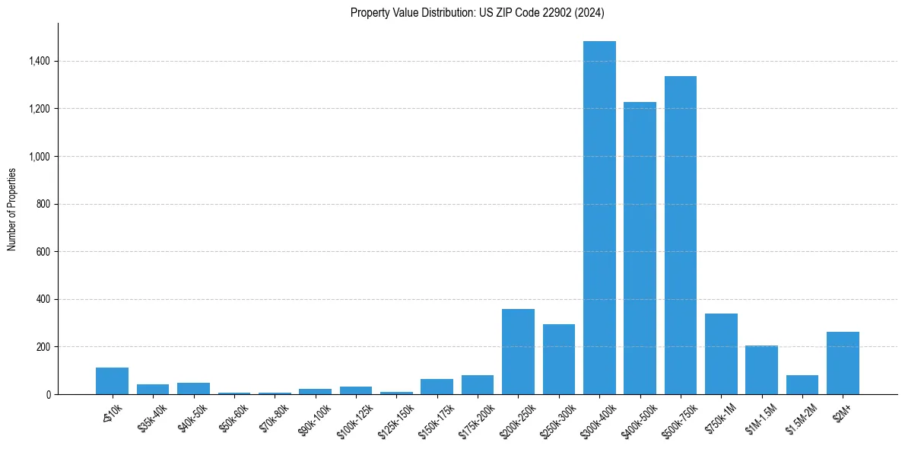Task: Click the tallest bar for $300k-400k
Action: (x=599, y=218)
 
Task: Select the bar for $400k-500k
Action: (x=640, y=248)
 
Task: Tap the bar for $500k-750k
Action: (x=681, y=235)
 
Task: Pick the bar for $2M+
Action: (x=843, y=363)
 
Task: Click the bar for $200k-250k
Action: (x=518, y=352)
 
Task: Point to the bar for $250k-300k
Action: (x=559, y=359)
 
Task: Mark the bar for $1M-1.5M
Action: (x=761, y=370)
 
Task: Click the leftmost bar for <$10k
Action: (x=112, y=381)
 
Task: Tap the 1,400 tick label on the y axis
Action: (x=40, y=61)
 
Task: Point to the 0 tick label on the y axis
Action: (x=49, y=395)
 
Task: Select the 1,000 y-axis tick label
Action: (x=40, y=157)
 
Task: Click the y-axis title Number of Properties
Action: (x=12, y=209)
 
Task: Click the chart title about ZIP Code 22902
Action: (x=477, y=12)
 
